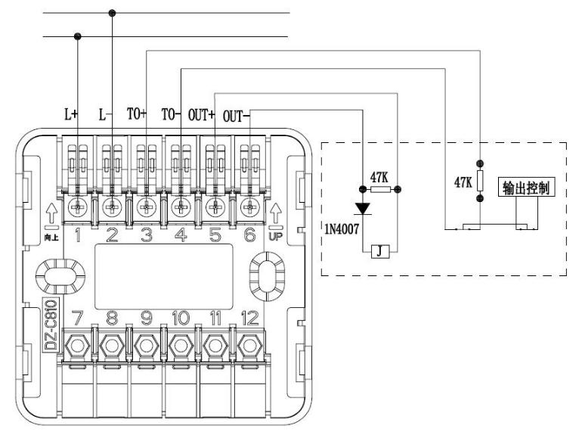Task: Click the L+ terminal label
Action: click(x=71, y=114)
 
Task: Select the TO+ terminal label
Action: click(x=137, y=114)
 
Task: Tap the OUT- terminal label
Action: click(x=236, y=117)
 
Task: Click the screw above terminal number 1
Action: click(x=78, y=207)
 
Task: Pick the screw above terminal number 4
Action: click(x=181, y=207)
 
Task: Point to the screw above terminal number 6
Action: click(x=249, y=207)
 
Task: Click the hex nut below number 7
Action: click(x=78, y=346)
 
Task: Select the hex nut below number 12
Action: click(x=249, y=346)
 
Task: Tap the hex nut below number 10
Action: click(x=181, y=346)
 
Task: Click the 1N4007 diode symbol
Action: click(x=362, y=208)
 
